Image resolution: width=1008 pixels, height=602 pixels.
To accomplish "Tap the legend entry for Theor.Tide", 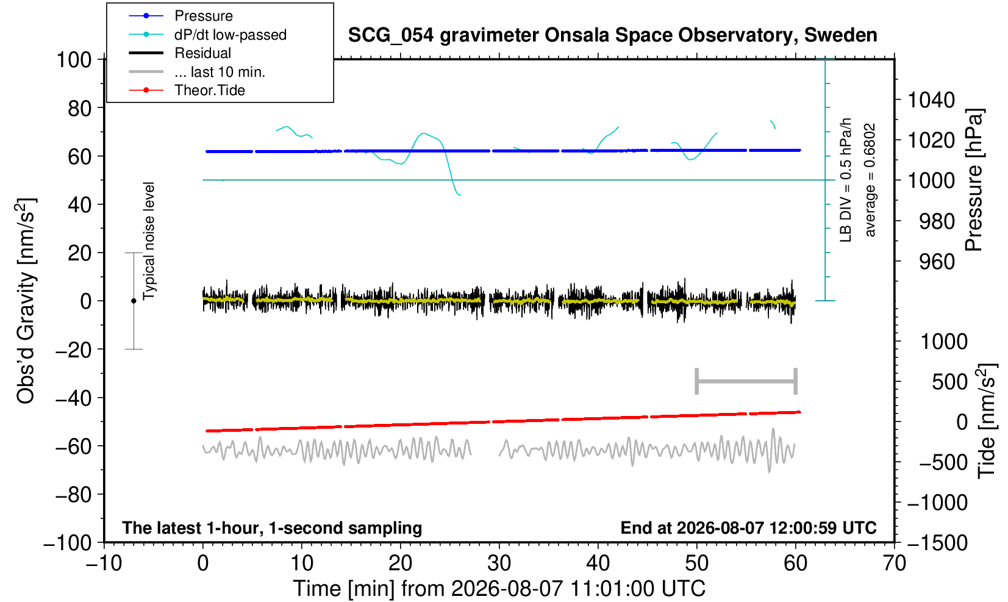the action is coord(187,90).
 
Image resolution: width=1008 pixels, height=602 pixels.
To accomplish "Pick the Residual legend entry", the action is coord(180,53).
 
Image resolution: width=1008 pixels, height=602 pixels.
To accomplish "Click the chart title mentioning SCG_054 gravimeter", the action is coord(612,35).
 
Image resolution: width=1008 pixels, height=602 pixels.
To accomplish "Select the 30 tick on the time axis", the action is coord(499,564).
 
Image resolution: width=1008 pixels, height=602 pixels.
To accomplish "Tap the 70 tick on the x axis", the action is coord(894,564).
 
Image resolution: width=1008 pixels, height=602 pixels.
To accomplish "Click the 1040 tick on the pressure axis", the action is coord(931,100).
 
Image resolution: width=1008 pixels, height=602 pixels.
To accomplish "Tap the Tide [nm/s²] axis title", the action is coord(987,421).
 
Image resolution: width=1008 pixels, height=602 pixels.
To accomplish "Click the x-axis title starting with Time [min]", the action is coord(499,589).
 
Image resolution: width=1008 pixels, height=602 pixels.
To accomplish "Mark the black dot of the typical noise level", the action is coord(134,301).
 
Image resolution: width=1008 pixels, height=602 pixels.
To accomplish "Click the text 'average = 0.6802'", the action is coord(870,180).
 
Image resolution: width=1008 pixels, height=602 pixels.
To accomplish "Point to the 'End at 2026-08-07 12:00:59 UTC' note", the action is coord(748,528).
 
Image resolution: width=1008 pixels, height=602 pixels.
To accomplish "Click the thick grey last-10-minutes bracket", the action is coord(746,381).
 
